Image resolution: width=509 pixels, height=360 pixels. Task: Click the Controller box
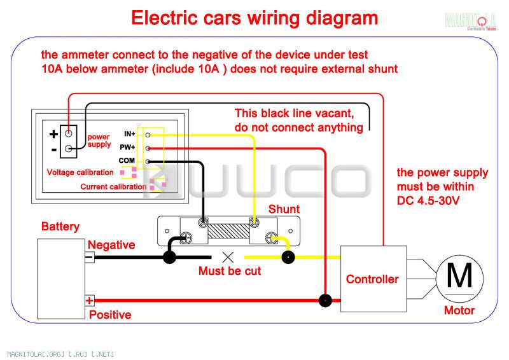(373, 279)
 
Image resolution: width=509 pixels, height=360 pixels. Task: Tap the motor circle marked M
(459, 279)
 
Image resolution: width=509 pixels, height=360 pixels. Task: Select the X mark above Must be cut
(228, 258)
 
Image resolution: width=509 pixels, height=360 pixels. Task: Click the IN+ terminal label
(130, 134)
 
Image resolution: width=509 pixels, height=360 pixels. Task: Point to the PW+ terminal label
(127, 148)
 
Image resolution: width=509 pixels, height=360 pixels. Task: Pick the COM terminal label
(127, 161)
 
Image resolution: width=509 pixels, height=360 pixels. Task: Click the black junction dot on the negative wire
(169, 258)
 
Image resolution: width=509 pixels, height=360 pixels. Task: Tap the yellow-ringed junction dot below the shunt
(288, 258)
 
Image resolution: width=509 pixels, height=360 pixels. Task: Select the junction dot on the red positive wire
(325, 301)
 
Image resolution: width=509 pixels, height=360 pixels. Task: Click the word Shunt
(284, 209)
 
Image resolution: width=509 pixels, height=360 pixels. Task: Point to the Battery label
(60, 226)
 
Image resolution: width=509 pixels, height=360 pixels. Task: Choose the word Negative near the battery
(111, 245)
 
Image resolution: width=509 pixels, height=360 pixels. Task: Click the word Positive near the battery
(110, 315)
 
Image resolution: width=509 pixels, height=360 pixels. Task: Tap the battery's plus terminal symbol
(90, 301)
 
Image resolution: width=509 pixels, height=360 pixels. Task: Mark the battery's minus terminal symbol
(89, 258)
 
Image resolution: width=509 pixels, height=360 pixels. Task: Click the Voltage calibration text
(80, 172)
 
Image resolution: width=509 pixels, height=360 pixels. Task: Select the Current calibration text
(113, 186)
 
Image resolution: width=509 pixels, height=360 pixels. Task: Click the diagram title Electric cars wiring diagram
(254, 18)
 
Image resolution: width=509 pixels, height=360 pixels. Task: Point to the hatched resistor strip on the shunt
(229, 230)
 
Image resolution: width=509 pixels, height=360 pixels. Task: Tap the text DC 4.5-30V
(428, 200)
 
